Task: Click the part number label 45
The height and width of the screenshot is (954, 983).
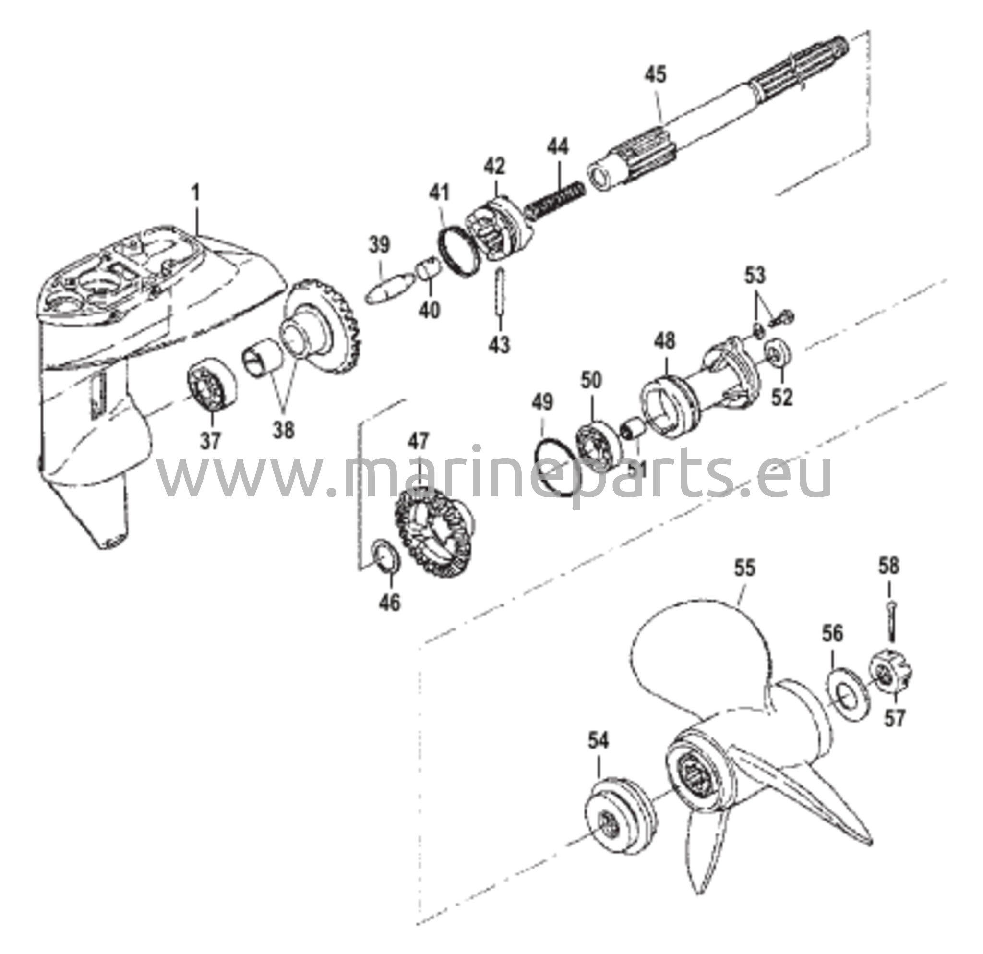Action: [656, 75]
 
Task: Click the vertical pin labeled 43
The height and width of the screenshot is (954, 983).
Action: [501, 291]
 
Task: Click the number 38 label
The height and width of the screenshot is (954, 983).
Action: [284, 430]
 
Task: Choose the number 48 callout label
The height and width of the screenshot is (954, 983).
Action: [665, 340]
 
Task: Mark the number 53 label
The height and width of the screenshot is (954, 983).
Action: [755, 276]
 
